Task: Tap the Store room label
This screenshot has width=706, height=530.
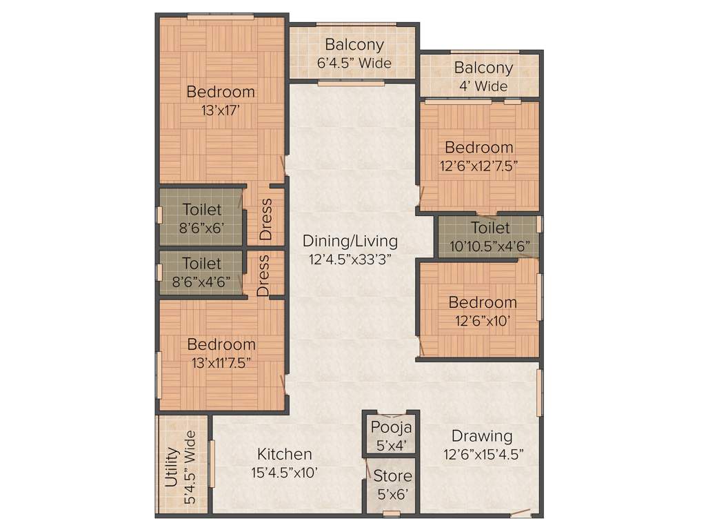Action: [x=392, y=475]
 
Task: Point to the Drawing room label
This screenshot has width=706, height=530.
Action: [x=482, y=436]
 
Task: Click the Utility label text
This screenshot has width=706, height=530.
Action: [x=172, y=467]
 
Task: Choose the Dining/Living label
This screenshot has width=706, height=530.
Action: [x=350, y=241]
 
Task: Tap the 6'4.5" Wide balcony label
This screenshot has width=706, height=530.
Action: [x=354, y=63]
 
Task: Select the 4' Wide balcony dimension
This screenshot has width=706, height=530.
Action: [x=483, y=86]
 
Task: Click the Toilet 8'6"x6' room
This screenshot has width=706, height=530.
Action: [x=202, y=218]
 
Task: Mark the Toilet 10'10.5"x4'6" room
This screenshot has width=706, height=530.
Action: [x=490, y=237]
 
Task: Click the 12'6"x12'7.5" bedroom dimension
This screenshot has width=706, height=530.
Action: [x=478, y=166]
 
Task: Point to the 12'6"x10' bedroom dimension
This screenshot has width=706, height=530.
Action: [x=482, y=321]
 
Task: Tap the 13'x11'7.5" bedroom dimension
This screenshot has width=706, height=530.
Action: [x=221, y=363]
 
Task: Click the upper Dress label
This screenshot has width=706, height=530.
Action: [x=266, y=219]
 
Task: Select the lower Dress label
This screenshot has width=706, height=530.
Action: [x=263, y=275]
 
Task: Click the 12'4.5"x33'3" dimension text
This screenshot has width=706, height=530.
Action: [x=350, y=259]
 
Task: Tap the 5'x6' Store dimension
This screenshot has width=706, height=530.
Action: [x=392, y=494]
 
